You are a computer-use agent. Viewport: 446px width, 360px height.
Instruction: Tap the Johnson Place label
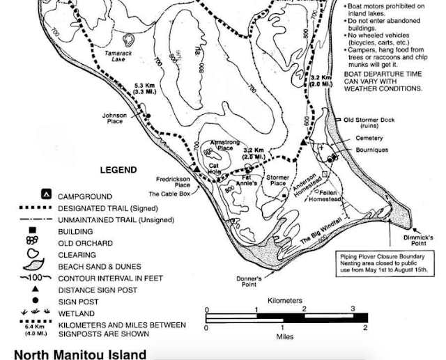[x=114, y=119]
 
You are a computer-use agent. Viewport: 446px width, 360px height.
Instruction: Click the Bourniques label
[x=371, y=150]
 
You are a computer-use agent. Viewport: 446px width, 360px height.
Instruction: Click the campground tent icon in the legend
[x=45, y=196]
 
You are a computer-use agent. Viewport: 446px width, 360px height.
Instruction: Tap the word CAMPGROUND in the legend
[x=84, y=196]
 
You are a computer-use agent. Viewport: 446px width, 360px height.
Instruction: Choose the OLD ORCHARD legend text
[x=85, y=243]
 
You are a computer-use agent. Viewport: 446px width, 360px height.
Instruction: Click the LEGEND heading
[x=118, y=169]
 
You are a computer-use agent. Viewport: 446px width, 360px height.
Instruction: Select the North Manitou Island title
[x=80, y=354]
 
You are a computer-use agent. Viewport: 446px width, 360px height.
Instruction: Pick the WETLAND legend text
[x=76, y=313]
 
